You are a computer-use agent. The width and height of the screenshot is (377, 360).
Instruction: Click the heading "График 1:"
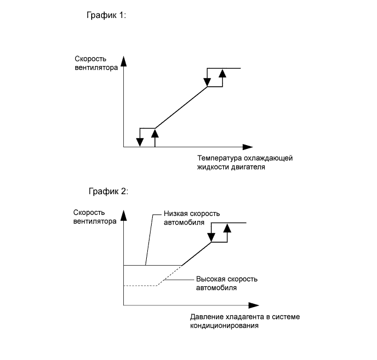pyautogui.click(x=106, y=16)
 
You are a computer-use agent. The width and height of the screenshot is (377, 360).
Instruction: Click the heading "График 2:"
pyautogui.click(x=107, y=191)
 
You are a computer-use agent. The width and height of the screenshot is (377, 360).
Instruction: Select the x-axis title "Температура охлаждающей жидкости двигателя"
pyautogui.click(x=245, y=163)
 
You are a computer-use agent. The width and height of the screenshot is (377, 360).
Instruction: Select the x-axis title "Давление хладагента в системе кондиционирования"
pyautogui.click(x=245, y=321)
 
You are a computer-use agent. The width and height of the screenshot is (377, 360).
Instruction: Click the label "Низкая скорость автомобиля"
pyautogui.click(x=184, y=218)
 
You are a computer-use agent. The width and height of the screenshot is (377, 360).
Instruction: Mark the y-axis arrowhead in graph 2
pyautogui.click(x=124, y=214)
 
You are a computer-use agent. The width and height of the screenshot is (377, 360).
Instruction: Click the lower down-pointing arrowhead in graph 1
pyautogui.click(x=140, y=142)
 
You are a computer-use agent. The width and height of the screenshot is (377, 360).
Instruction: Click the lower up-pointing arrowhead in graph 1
pyautogui.click(x=155, y=132)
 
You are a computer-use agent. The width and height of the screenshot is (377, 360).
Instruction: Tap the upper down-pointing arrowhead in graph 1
pyautogui.click(x=207, y=82)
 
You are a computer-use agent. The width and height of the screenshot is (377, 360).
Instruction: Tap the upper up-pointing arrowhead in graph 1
pyautogui.click(x=222, y=73)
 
